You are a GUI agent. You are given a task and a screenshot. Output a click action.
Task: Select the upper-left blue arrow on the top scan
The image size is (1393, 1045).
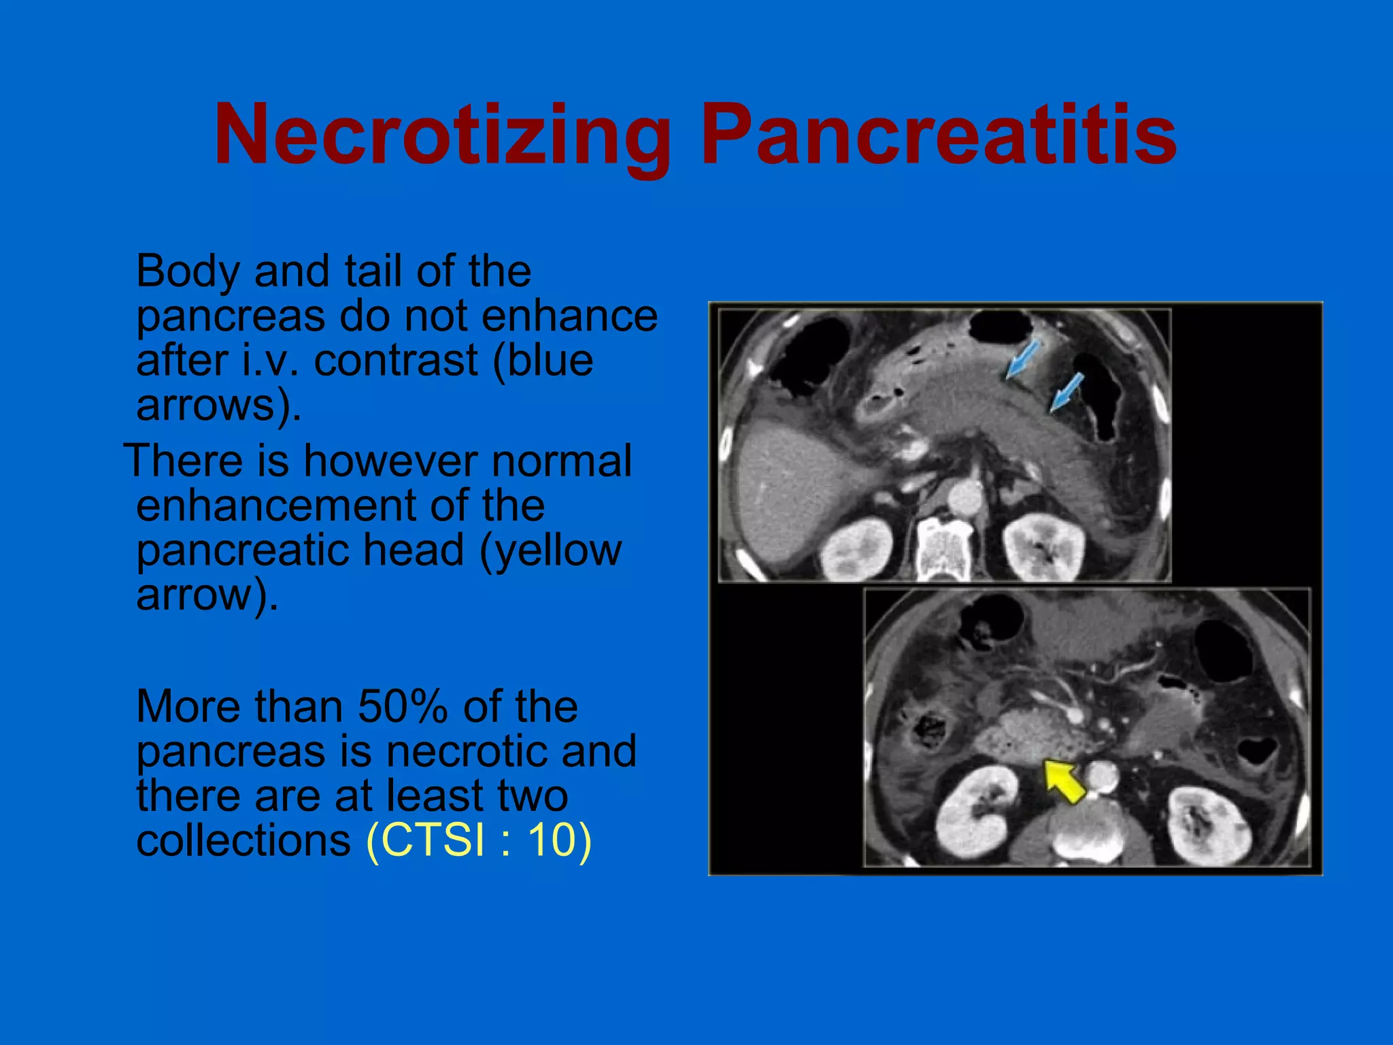(x=1022, y=359)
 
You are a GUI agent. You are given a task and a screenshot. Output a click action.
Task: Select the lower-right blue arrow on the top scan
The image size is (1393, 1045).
(x=1066, y=392)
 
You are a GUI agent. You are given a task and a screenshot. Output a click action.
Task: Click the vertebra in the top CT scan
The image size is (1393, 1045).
(x=944, y=548)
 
